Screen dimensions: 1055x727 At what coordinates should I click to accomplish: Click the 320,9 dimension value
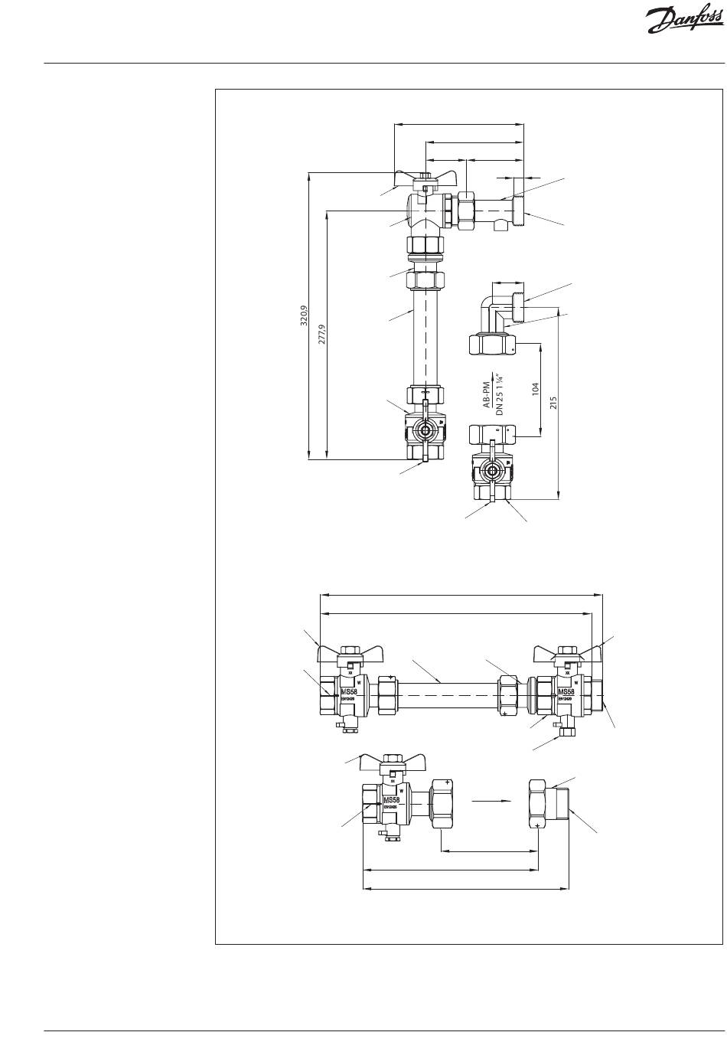(x=304, y=315)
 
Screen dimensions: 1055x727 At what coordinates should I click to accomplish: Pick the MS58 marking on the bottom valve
(x=391, y=800)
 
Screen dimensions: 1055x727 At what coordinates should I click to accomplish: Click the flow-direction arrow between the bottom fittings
(x=491, y=801)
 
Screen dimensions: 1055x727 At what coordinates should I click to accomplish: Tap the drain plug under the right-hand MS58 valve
(x=567, y=731)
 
